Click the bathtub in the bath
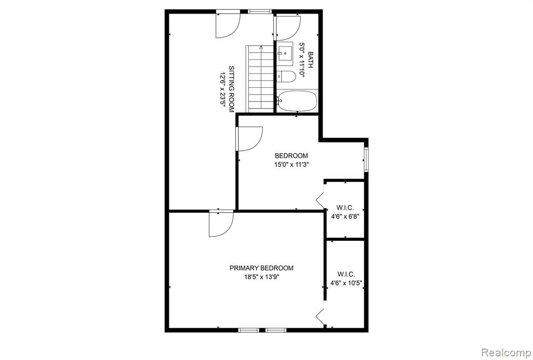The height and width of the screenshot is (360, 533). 297,101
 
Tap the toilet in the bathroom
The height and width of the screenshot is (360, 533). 286,76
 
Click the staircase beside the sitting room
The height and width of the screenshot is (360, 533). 260,79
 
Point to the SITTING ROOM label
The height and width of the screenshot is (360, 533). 231,89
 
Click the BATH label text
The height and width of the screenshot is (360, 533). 310,60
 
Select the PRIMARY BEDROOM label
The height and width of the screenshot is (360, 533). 261,268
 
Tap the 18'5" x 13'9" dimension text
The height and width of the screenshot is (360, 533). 261,277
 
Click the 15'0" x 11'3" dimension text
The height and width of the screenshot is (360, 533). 291,165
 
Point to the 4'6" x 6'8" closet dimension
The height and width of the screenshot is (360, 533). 345,216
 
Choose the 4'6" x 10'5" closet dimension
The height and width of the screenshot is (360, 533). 346,282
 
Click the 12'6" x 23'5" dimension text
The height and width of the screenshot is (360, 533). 223,89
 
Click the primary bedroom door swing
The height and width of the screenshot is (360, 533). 221,224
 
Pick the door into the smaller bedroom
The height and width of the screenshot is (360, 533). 249,138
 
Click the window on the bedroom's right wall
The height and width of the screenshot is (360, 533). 366,160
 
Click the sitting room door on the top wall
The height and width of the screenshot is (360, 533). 228,25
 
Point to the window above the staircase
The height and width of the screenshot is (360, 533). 260,11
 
